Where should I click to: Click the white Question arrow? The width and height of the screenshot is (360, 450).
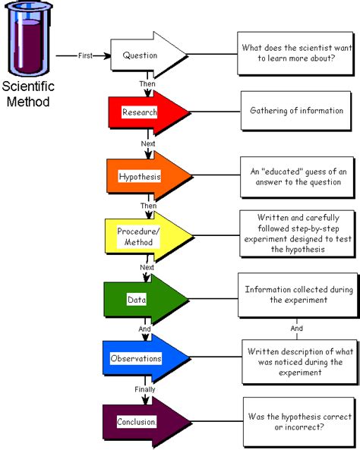pyautogui.click(x=148, y=55)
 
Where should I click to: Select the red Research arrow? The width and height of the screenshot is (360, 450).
pyautogui.click(x=148, y=112)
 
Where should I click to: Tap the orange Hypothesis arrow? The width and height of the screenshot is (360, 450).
pyautogui.click(x=148, y=176)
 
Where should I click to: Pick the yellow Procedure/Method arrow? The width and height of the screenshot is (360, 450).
pyautogui.click(x=148, y=237)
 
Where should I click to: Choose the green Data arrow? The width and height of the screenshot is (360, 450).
pyautogui.click(x=148, y=299)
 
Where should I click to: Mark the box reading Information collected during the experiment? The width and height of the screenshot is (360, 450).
pyautogui.click(x=296, y=295)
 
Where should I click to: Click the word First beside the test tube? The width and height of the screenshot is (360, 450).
pyautogui.click(x=85, y=55)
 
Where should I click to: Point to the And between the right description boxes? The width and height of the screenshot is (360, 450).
pyautogui.click(x=296, y=329)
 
